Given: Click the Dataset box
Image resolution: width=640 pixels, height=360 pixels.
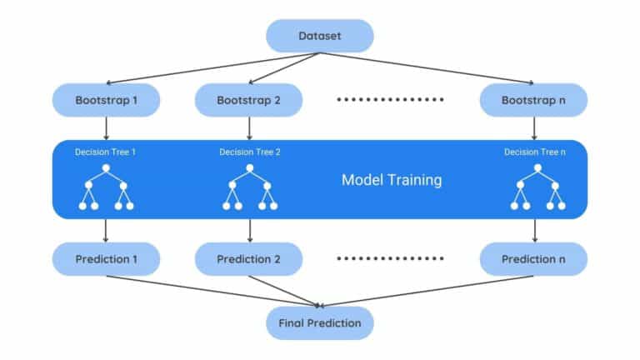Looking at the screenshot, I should pyautogui.click(x=320, y=36).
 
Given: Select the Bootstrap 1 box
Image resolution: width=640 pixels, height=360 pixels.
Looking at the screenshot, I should pyautogui.click(x=106, y=100).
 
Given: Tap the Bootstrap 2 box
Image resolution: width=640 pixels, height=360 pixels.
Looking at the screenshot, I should pyautogui.click(x=248, y=100).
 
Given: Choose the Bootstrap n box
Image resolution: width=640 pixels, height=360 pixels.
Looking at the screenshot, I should pyautogui.click(x=534, y=100).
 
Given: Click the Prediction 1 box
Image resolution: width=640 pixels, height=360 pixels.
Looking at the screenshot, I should pyautogui.click(x=106, y=258).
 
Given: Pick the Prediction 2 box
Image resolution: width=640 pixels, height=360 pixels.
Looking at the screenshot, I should pyautogui.click(x=248, y=258).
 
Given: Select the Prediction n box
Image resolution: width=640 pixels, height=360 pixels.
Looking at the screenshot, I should pyautogui.click(x=534, y=258).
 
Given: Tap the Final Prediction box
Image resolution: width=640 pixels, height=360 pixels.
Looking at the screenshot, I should pyautogui.click(x=320, y=322).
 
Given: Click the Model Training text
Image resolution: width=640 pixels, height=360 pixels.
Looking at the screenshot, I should pyautogui.click(x=392, y=179).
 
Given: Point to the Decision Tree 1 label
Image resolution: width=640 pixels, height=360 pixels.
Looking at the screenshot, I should pyautogui.click(x=106, y=152).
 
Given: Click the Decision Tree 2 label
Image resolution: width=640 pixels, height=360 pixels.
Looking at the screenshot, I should pyautogui.click(x=249, y=152).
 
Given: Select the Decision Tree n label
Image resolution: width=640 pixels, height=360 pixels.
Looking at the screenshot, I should pyautogui.click(x=534, y=152).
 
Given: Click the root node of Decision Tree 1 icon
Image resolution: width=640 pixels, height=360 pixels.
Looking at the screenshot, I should pyautogui.click(x=107, y=169).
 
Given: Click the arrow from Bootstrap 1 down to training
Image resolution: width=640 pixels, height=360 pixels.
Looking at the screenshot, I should pyautogui.click(x=106, y=127).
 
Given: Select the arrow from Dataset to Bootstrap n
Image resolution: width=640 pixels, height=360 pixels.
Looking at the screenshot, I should pyautogui.click(x=425, y=68).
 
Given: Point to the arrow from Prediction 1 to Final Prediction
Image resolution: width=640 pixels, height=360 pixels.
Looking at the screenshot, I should pyautogui.click(x=208, y=290).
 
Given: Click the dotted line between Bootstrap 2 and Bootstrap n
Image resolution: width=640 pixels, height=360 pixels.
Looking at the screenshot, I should pyautogui.click(x=391, y=100).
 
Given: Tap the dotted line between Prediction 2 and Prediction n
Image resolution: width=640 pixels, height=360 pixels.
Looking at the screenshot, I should pyautogui.click(x=391, y=258).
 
